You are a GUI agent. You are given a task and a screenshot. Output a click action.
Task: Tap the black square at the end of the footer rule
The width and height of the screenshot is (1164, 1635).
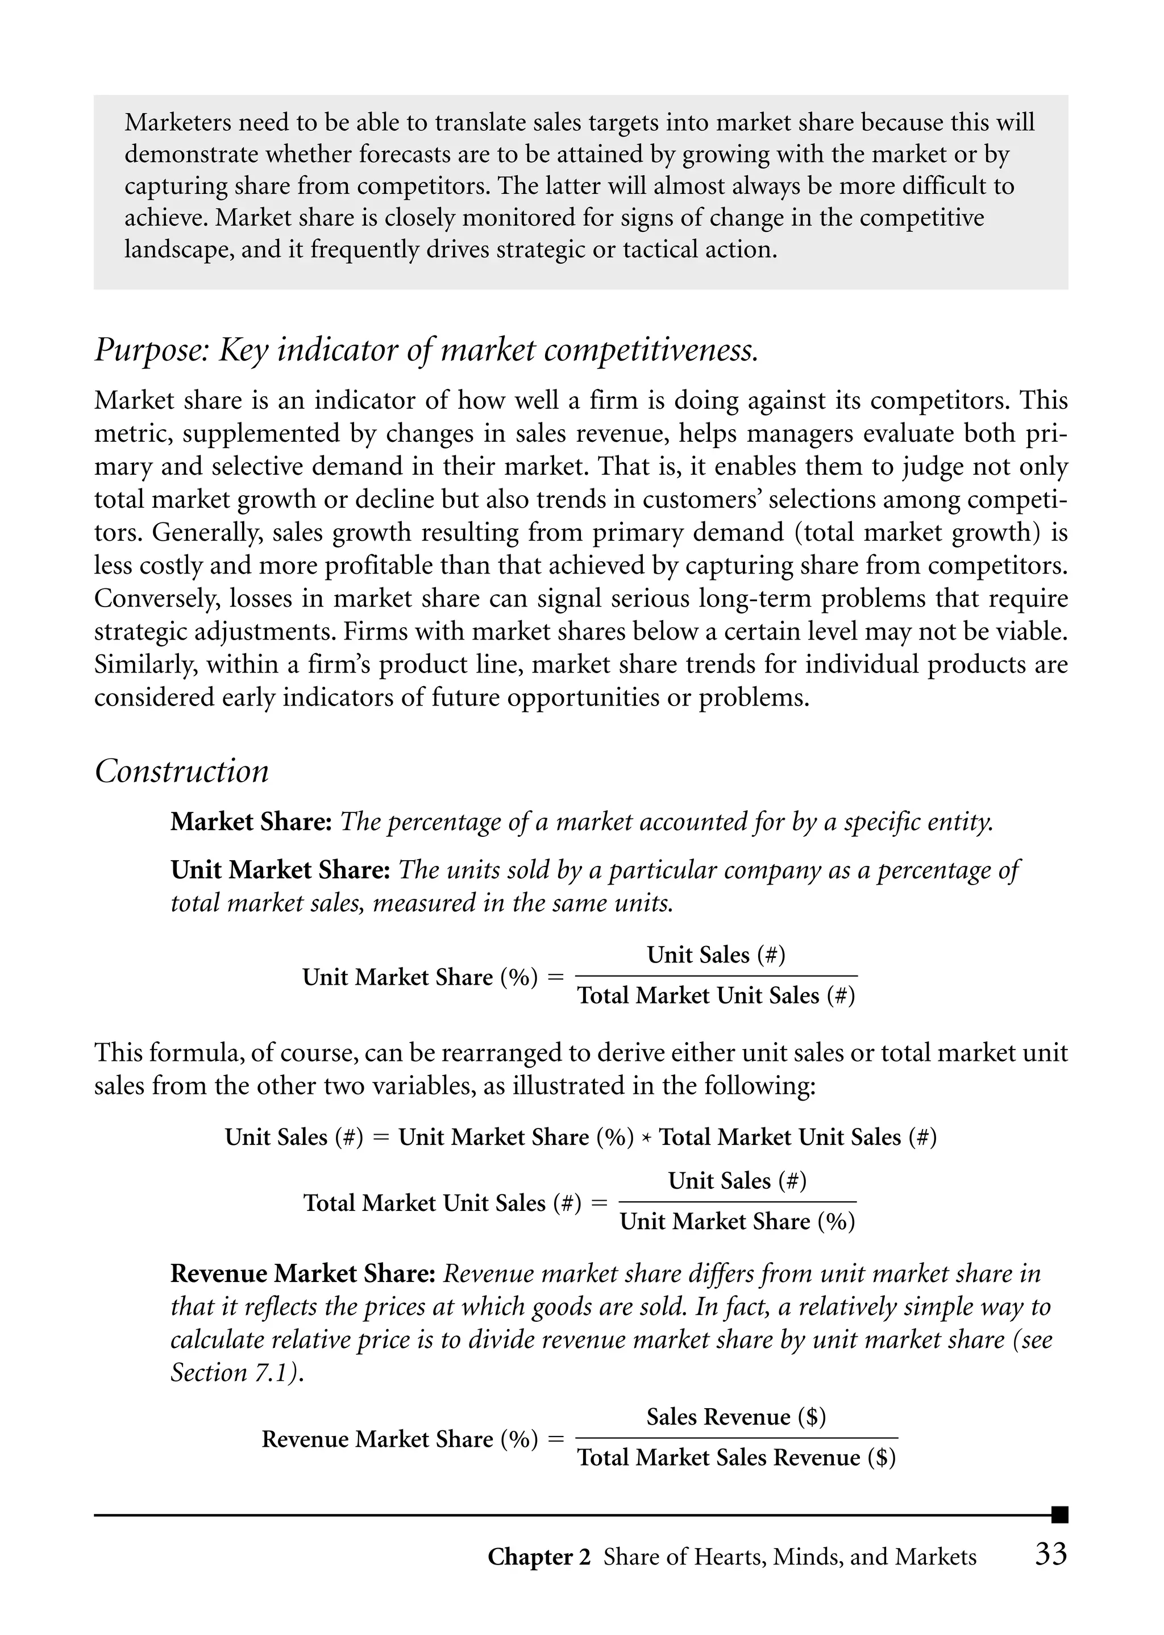(x=1059, y=1514)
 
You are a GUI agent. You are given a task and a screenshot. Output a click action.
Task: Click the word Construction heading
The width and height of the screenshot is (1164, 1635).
(x=182, y=771)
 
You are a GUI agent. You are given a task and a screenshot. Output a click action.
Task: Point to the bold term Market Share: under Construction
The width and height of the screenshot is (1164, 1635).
(x=251, y=821)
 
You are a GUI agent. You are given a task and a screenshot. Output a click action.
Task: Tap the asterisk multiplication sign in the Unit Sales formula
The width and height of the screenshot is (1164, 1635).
(x=646, y=1138)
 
